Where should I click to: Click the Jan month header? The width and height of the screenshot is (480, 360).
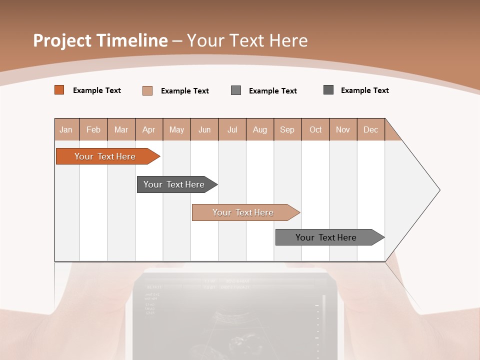(66, 129)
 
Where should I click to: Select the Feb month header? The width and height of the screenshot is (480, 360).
(93, 129)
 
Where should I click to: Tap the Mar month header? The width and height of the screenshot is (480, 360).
(121, 129)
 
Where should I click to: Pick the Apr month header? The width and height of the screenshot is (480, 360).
(149, 129)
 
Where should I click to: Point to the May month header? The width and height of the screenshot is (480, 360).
(176, 129)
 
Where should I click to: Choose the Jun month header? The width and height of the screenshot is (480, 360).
(204, 129)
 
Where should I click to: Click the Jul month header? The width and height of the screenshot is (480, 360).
(232, 129)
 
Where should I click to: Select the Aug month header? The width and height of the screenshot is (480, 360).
(260, 129)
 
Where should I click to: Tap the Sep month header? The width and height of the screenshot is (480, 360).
(287, 129)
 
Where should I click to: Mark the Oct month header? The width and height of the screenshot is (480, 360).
(315, 129)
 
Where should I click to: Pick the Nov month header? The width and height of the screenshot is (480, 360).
(343, 129)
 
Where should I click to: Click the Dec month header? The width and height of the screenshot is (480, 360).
(371, 129)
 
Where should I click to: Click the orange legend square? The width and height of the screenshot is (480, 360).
(59, 90)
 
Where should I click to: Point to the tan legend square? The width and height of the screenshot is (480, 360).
(147, 90)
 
